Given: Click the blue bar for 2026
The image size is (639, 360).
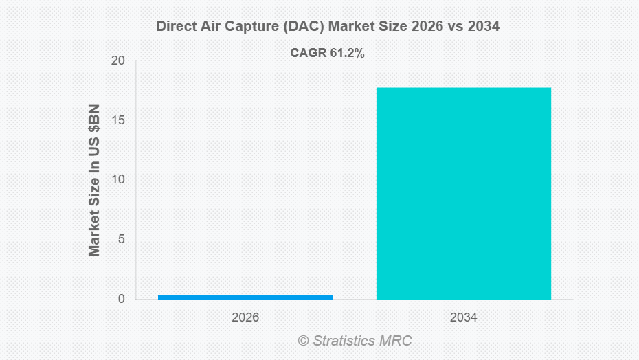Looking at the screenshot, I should click(x=245, y=297).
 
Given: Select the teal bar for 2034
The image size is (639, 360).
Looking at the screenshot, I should click(x=464, y=193).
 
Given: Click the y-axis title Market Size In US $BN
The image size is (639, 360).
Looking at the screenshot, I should click(x=94, y=180).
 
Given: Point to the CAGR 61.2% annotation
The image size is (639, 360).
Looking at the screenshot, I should click(x=327, y=53).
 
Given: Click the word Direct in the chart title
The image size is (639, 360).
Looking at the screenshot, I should click(x=173, y=27).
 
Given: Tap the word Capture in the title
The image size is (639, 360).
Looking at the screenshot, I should click(x=242, y=27).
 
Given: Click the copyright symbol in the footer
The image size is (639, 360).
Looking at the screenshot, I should click(x=303, y=340).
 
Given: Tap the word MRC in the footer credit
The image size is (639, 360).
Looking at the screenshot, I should click(x=396, y=340).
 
